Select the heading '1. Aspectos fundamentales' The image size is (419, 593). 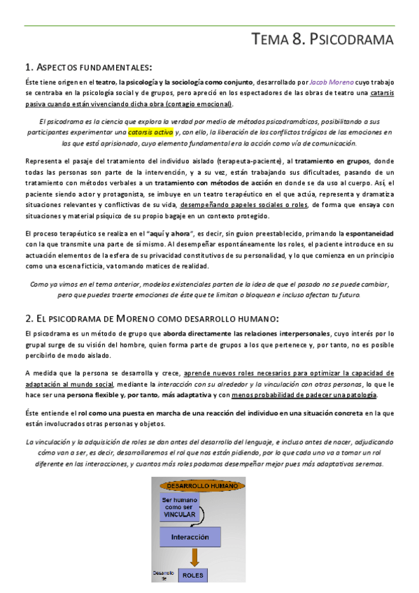(88, 68)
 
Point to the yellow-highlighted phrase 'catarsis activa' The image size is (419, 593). (150, 131)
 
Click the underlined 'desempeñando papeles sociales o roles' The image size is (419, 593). (244, 205)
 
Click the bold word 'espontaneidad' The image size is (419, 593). (366, 233)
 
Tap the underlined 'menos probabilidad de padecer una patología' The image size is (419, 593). (318, 395)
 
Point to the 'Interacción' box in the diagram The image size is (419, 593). (190, 537)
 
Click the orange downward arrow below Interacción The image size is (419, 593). (194, 557)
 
